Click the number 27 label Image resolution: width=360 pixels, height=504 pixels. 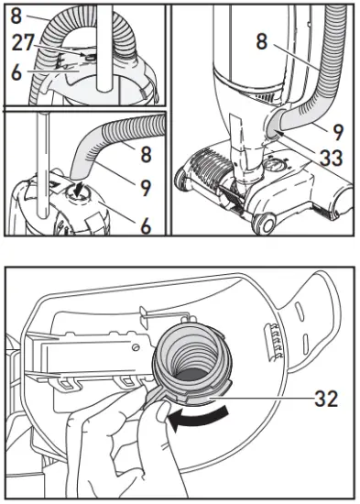pos(23,42)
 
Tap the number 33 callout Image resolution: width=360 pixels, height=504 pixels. pos(331,158)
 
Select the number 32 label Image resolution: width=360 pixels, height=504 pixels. pos(326,399)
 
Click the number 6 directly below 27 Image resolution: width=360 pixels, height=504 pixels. pos(16,72)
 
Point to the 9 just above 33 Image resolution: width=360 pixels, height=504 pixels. pos(337,132)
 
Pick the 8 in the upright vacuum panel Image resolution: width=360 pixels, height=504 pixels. pos(262,42)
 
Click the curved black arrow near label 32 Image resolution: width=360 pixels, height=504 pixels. pos(199,419)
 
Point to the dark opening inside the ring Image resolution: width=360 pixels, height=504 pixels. pos(191,377)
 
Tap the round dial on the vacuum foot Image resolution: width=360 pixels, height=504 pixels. pos(274,167)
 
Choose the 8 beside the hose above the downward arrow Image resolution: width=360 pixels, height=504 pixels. pos(146,154)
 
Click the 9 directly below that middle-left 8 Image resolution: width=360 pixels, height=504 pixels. pos(146,187)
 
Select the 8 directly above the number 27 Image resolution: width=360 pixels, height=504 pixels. pos(16,16)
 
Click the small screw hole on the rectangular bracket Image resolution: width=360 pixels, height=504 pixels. pos(136,346)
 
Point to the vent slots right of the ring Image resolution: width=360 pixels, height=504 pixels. pos(273,342)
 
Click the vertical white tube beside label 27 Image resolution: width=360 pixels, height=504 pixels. pos(105,49)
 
